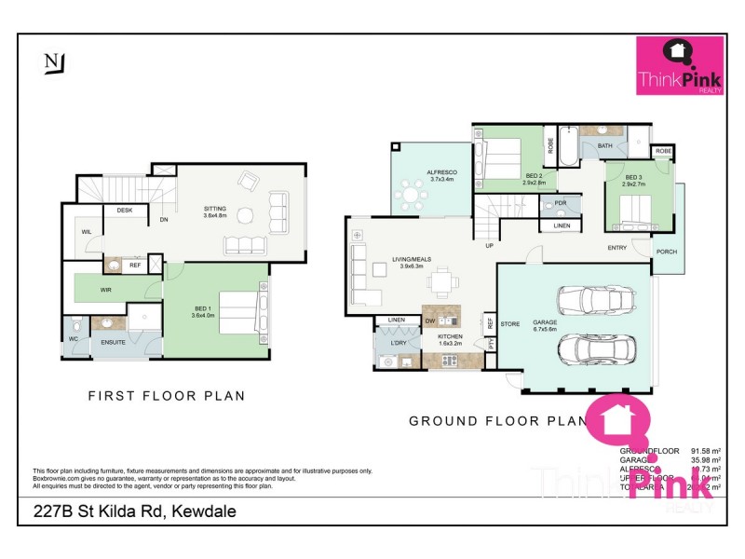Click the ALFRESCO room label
[x=440, y=172]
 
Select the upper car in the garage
[x=593, y=301]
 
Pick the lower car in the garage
[x=593, y=350]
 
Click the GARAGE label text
[x=545, y=322]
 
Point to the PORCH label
[x=666, y=252]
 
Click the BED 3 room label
[x=634, y=177]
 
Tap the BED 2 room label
[x=534, y=176]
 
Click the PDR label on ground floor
[x=560, y=203]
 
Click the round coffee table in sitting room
[x=245, y=216]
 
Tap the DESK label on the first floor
[x=124, y=211]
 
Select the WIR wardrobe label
[x=107, y=290]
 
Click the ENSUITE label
[x=114, y=342]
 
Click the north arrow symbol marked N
[x=52, y=63]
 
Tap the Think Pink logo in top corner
[x=679, y=66]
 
